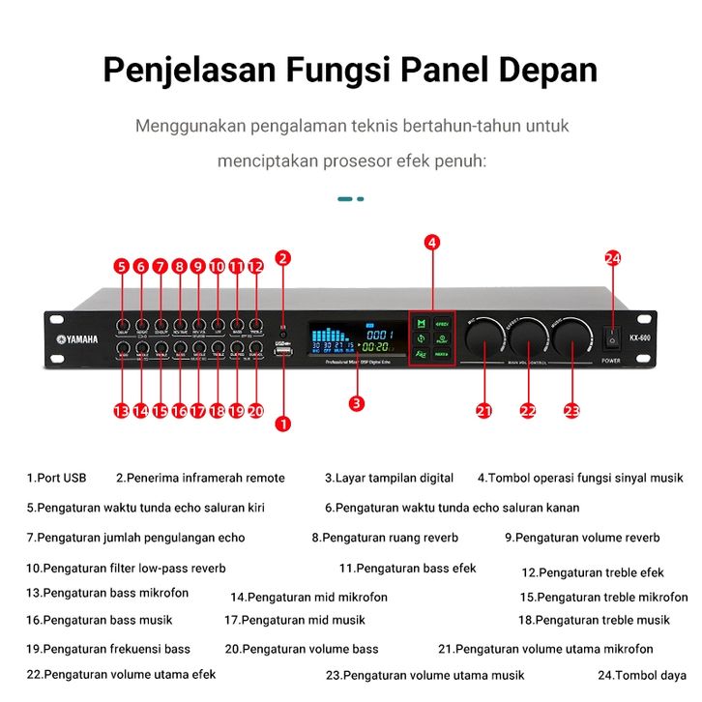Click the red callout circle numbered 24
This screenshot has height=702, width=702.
612,258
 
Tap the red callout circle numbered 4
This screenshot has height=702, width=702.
432,242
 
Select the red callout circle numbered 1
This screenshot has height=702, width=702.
283,422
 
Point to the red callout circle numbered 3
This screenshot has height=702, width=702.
357,403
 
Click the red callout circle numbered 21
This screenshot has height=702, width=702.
484,410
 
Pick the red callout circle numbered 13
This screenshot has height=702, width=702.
121,410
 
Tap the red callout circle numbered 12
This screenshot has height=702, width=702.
255,266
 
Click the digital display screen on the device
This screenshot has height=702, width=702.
351,338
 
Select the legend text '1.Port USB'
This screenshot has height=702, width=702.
56,478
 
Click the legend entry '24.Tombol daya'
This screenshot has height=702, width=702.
642,675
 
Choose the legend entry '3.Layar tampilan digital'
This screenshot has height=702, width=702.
389,478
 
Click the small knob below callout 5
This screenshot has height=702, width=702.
123,325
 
